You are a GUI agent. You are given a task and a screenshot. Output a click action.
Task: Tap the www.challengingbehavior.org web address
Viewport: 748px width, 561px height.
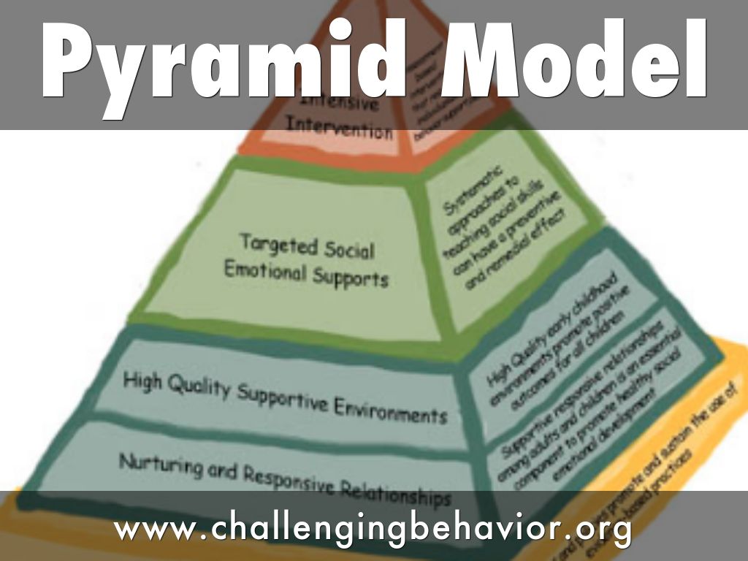click(x=373, y=527)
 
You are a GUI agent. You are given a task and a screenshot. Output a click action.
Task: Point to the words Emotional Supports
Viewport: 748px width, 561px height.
click(x=306, y=274)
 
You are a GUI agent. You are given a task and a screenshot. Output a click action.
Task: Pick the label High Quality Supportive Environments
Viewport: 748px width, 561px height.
click(x=285, y=397)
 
